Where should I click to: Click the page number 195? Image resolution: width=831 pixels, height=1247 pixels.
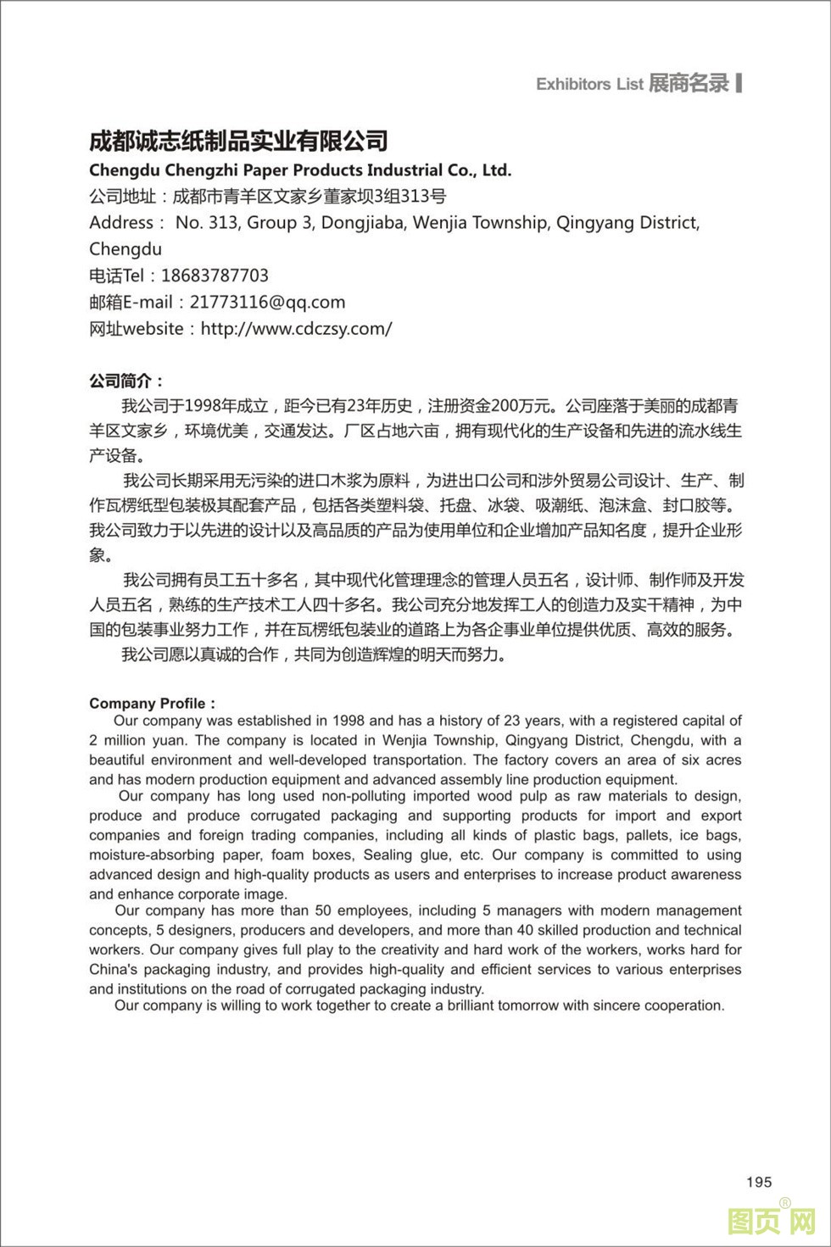tap(759, 1182)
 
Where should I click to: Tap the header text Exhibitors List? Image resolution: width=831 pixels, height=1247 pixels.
tap(589, 84)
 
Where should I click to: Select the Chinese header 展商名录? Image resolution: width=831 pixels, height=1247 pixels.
tap(689, 83)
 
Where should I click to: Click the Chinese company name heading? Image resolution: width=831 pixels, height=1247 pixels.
tap(238, 141)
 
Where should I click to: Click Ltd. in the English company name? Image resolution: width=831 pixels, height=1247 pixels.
tap(497, 170)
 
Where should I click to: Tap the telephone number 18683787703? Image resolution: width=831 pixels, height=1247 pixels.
tap(215, 276)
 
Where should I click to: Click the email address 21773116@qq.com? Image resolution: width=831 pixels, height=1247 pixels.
tap(267, 302)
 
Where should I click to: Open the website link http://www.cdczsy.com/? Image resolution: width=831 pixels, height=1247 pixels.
tap(296, 329)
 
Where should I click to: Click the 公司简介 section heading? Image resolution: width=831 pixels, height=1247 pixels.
tap(126, 381)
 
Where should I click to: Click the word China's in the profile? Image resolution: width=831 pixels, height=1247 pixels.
tap(113, 969)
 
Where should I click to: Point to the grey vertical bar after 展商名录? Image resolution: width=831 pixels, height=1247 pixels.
tap(739, 82)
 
